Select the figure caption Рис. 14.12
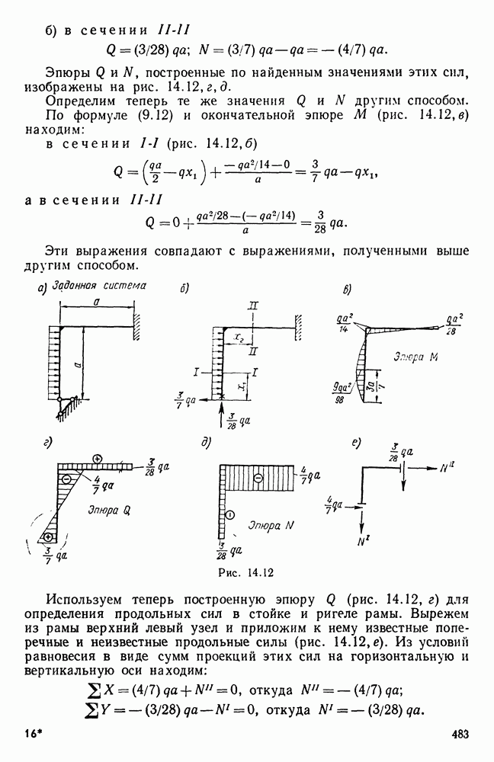tap(246, 572)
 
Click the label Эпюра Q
tap(110, 510)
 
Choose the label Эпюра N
tap(271, 525)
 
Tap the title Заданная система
tap(99, 285)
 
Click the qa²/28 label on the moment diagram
tap(454, 324)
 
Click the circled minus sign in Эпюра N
tap(258, 479)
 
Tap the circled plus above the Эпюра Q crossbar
tap(98, 458)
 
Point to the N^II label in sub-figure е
tap(447, 468)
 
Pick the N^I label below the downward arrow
tap(362, 541)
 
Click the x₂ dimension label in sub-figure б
tap(239, 336)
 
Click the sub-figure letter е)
tap(355, 443)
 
